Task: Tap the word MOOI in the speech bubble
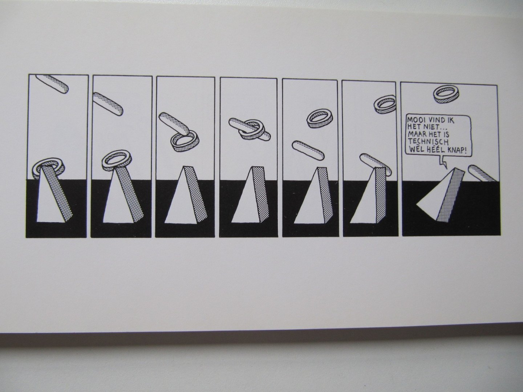pos(415,119)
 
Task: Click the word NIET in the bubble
pos(433,126)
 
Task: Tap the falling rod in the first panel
pos(52,84)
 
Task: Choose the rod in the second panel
pos(108,104)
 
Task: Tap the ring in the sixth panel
pos(385,105)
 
